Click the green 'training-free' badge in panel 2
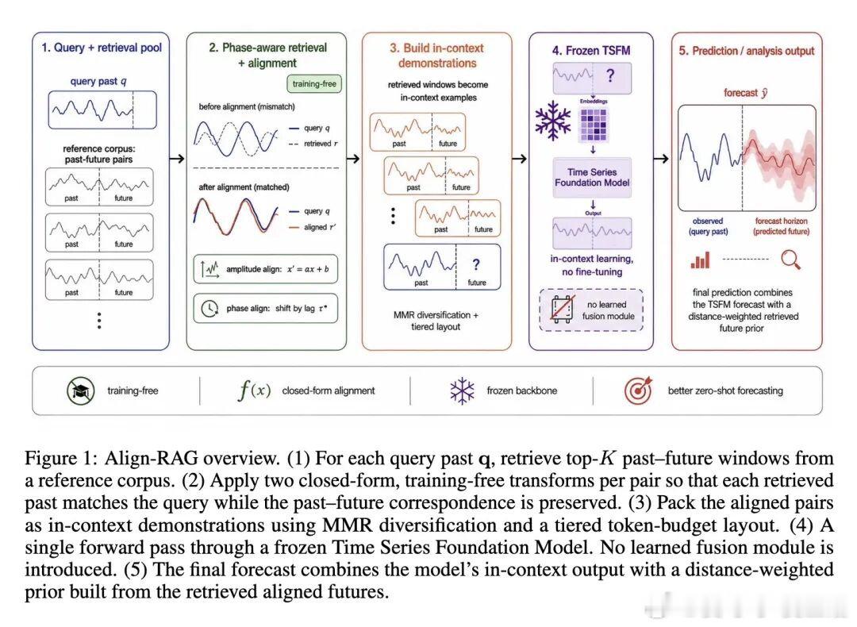click(314, 83)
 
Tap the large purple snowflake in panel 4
click(552, 121)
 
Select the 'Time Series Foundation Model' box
click(592, 177)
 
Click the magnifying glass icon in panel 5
click(791, 260)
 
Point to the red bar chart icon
click(700, 260)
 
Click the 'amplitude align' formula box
click(265, 269)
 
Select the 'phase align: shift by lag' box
click(265, 308)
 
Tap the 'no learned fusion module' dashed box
click(591, 310)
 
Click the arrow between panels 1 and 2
click(177, 159)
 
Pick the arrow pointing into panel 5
click(661, 159)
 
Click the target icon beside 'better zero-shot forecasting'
click(638, 390)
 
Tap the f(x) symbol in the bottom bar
click(254, 390)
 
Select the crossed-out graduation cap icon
click(81, 390)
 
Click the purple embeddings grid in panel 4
click(593, 125)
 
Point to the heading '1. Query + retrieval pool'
click(102, 48)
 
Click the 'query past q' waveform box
click(102, 110)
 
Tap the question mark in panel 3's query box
click(476, 264)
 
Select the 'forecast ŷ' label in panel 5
click(745, 93)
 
